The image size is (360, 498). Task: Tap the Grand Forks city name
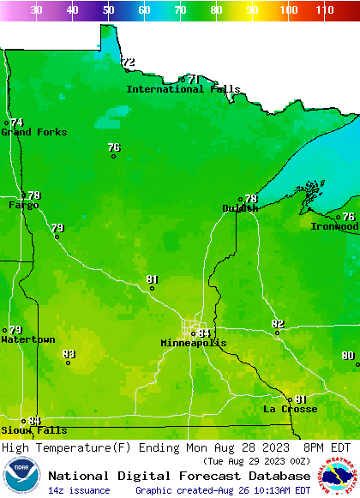point(28,132)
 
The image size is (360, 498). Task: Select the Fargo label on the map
point(23,206)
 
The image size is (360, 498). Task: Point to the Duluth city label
point(240,208)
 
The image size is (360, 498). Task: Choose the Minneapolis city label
point(194,343)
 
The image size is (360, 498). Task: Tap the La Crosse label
point(290,410)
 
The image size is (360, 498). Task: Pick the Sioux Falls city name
point(33,430)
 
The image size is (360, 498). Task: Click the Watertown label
point(28,340)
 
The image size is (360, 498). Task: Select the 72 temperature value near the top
point(129,63)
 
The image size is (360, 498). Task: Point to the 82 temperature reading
point(278,324)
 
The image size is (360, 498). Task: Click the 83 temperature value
point(69,354)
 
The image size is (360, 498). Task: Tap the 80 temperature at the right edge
point(347,356)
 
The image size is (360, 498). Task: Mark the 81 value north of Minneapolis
point(153,279)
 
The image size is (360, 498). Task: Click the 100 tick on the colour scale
point(289,10)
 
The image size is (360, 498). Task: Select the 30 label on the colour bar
point(36,10)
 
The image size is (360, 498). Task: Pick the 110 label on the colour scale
point(324,10)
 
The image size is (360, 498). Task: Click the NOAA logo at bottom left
point(21,477)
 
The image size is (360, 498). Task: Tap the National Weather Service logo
point(340,477)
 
